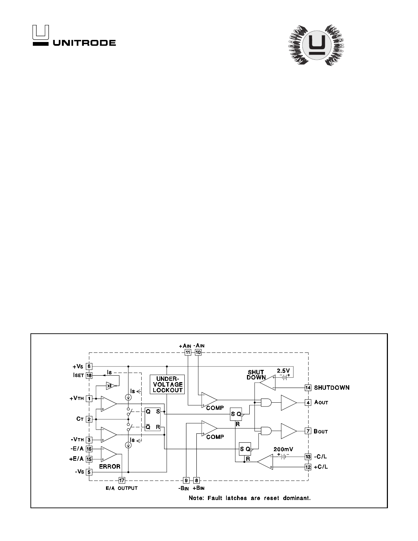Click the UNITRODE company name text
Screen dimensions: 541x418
point(84,43)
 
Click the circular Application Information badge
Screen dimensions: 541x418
point(317,45)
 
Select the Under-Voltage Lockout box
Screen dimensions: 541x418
point(167,384)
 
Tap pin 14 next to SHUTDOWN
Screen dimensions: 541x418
point(308,388)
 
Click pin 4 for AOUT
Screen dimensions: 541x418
point(308,402)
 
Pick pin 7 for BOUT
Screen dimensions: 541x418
point(308,431)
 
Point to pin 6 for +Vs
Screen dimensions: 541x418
point(89,366)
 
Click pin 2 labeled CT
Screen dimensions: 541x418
point(89,419)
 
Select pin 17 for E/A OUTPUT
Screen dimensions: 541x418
point(122,480)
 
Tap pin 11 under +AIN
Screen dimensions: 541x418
point(187,352)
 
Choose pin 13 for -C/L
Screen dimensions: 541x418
point(308,456)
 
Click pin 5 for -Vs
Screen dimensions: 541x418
point(89,472)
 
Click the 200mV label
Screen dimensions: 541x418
point(282,449)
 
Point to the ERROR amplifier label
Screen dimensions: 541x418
point(109,466)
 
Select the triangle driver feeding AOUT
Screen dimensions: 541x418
point(288,402)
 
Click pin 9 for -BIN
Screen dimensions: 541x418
point(186,480)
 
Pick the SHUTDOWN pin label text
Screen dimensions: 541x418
point(332,388)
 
